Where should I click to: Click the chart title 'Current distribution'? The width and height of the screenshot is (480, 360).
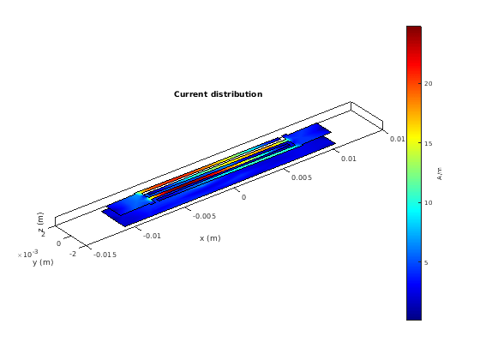point(218,94)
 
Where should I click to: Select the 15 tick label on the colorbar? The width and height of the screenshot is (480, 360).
point(429,143)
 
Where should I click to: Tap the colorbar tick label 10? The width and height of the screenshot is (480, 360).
point(429,202)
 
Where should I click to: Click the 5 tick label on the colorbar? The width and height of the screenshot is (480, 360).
point(426,262)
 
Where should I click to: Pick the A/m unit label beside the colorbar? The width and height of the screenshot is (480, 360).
point(440,173)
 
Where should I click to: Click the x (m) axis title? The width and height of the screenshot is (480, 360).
point(210,238)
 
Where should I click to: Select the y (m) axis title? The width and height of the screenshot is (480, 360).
point(43,262)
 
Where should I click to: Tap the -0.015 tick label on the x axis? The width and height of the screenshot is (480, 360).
point(105,255)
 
